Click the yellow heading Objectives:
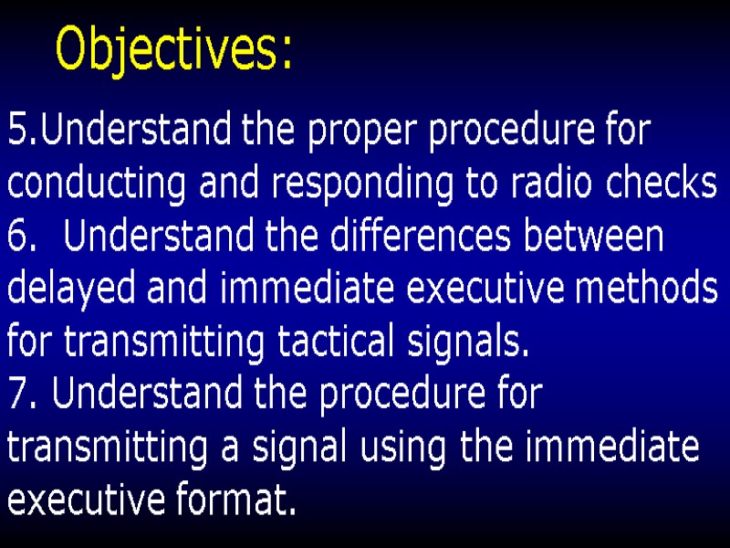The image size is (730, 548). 173,49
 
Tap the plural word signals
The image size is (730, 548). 464,342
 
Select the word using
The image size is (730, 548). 402,448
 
